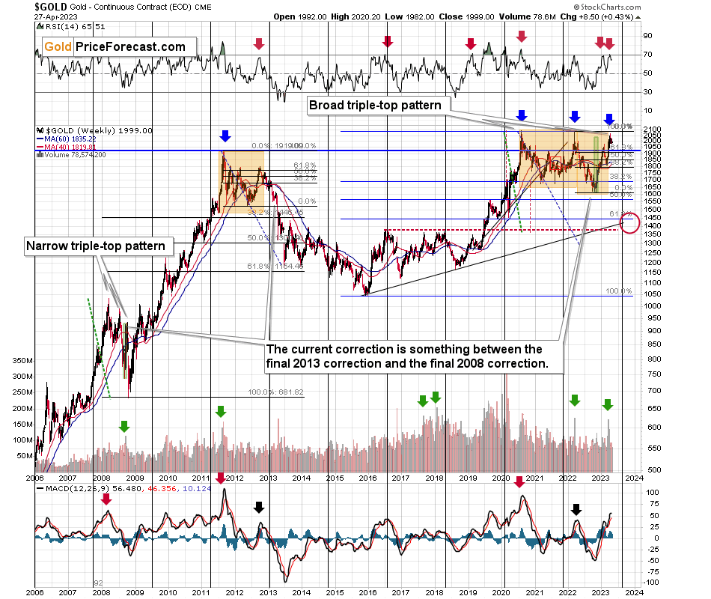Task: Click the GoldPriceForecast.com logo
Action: click(x=115, y=46)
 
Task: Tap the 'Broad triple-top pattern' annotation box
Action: click(x=375, y=106)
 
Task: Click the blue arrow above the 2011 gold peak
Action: click(x=225, y=136)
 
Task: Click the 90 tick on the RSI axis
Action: click(x=649, y=35)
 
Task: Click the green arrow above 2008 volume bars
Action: click(x=123, y=426)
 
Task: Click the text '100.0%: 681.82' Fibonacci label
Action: click(x=276, y=392)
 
